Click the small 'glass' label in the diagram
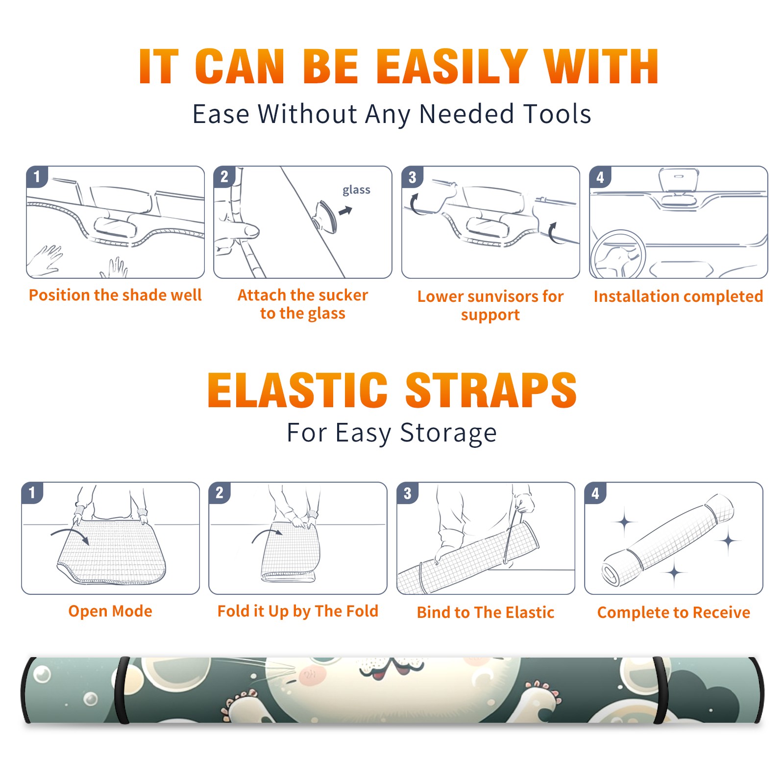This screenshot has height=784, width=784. (356, 190)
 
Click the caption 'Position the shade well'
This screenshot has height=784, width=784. (115, 295)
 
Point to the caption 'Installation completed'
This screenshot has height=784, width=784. (678, 296)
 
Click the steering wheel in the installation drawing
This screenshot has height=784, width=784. (618, 254)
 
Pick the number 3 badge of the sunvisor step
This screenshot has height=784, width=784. (412, 177)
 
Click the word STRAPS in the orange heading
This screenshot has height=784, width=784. (491, 390)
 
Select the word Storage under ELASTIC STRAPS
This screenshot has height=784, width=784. (448, 433)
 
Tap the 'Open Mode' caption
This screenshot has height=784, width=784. (110, 611)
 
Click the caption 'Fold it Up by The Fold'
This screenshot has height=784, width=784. (298, 612)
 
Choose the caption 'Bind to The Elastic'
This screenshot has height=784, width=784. (486, 612)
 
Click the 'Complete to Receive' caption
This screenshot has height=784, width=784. (674, 612)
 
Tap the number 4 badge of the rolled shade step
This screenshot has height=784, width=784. (595, 493)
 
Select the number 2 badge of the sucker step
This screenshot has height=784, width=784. (224, 177)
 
